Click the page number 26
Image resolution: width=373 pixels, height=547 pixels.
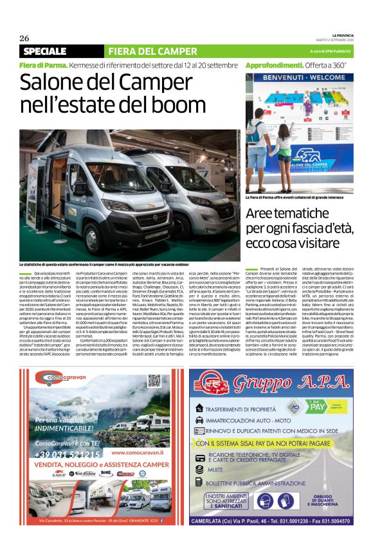(24, 38)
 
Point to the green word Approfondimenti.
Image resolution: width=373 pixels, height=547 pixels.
(274, 65)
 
